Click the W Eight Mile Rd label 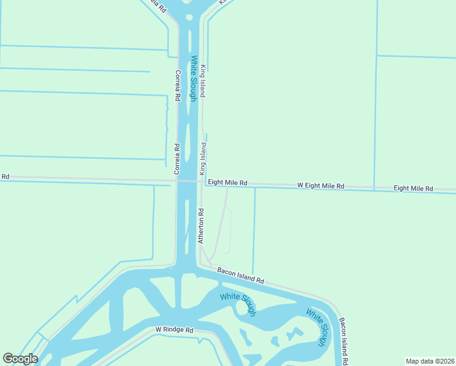pyautogui.click(x=321, y=185)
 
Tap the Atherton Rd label pyautogui.click(x=201, y=226)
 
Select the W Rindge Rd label pyautogui.click(x=174, y=329)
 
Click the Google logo pyautogui.click(x=20, y=359)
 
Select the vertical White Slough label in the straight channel pyautogui.click(x=194, y=78)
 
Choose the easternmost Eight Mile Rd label pyautogui.click(x=413, y=188)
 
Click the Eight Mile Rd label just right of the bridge pyautogui.click(x=227, y=182)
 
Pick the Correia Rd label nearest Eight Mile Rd pyautogui.click(x=176, y=157)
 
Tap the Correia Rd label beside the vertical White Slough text pyautogui.click(x=178, y=85)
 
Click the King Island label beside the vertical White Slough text pyautogui.click(x=204, y=81)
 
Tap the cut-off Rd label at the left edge pyautogui.click(x=5, y=176)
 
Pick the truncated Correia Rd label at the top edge pyautogui.click(x=157, y=6)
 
